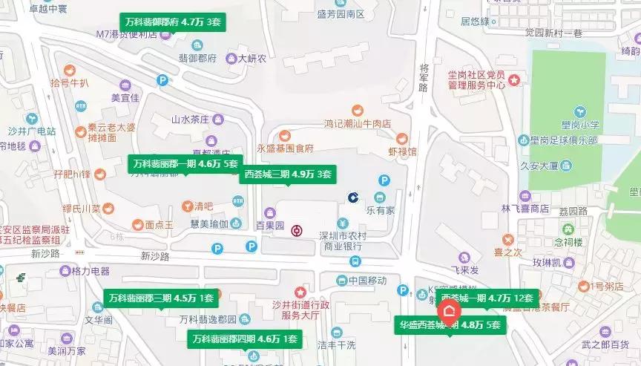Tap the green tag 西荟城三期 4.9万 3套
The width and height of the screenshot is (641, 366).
(288, 174)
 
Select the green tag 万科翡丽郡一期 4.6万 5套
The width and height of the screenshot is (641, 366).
(185, 163)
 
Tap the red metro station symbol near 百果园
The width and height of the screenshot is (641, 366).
(297, 231)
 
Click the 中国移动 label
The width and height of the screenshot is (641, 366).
(366, 281)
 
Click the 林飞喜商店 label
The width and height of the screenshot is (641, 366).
(525, 209)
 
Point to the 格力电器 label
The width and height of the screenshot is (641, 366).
(90, 271)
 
